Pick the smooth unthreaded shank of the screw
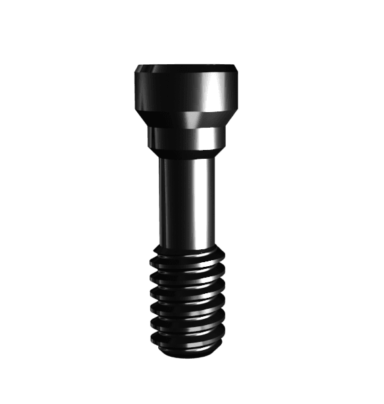click(x=188, y=203)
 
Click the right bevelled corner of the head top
click(x=237, y=69)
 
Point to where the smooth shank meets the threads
click(x=188, y=249)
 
